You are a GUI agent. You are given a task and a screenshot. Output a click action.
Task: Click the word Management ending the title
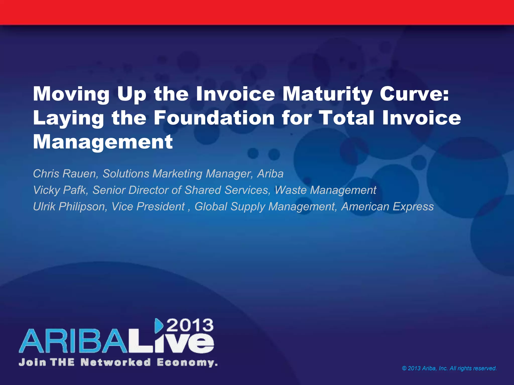(x=103, y=142)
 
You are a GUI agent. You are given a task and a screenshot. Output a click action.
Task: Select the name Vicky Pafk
(x=60, y=190)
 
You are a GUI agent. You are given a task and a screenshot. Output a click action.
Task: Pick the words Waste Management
(x=325, y=190)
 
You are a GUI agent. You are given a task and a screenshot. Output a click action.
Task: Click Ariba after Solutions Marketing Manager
(x=270, y=174)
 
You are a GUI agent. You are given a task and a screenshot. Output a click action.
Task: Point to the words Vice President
(x=148, y=207)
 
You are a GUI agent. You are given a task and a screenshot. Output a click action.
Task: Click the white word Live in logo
(x=173, y=343)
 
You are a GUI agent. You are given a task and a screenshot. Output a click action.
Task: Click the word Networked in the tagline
(x=116, y=362)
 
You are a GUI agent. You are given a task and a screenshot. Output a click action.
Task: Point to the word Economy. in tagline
(x=187, y=362)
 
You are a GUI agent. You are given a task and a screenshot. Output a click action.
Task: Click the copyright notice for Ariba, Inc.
(x=449, y=368)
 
